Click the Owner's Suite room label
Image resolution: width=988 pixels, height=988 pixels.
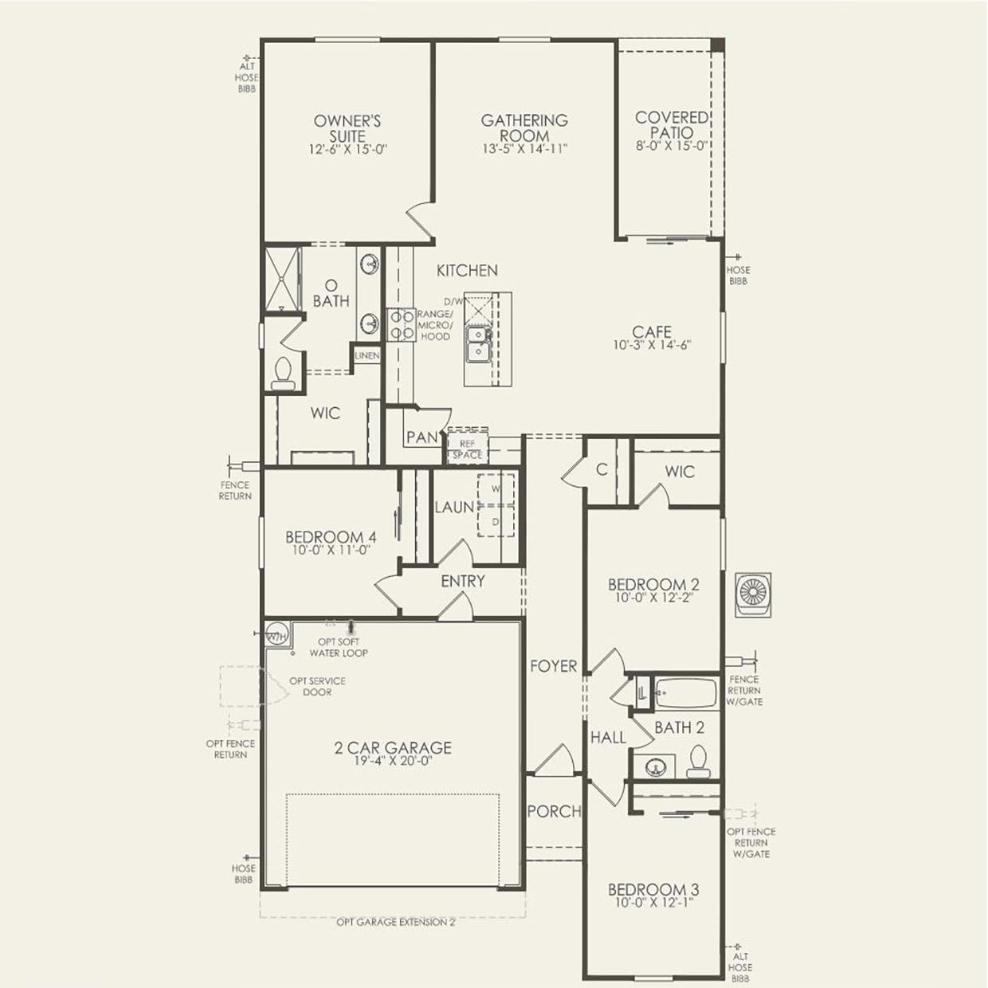tap(347, 128)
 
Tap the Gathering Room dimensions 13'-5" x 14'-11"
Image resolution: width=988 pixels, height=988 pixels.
tap(524, 149)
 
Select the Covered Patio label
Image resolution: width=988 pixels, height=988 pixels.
tap(671, 125)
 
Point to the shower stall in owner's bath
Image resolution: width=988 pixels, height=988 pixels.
tap(283, 279)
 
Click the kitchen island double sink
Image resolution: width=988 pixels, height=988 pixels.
tap(478, 344)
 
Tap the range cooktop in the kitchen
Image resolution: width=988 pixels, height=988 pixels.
tap(401, 325)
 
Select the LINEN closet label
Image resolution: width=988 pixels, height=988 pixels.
tap(367, 356)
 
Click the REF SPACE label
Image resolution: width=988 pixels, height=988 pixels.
tap(468, 449)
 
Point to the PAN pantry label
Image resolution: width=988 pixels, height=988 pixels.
tap(421, 437)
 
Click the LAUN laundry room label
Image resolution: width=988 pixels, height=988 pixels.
tap(454, 508)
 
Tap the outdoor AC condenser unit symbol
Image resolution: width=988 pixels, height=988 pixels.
tap(752, 594)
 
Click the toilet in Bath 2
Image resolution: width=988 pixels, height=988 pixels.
tap(698, 761)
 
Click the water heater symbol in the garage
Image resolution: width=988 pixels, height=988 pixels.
tap(276, 636)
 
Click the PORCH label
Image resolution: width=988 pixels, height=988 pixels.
tap(554, 812)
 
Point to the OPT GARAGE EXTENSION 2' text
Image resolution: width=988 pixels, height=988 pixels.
tap(396, 923)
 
